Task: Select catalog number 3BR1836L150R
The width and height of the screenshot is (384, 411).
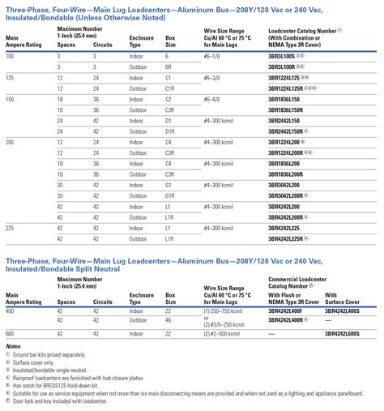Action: click(x=288, y=108)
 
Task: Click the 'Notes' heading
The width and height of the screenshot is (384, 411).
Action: click(x=14, y=346)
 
